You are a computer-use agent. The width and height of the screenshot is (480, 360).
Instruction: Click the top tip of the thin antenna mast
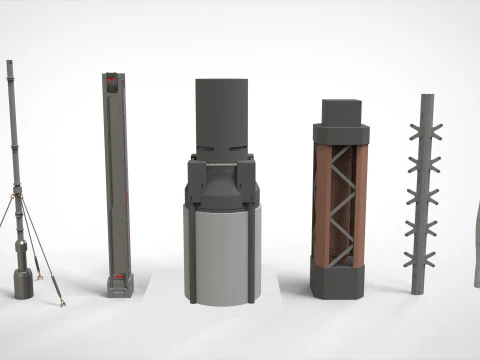(10, 63)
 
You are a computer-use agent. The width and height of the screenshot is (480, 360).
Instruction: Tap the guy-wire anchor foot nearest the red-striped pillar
(61, 300)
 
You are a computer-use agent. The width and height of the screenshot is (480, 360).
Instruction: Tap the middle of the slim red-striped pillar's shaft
(117, 180)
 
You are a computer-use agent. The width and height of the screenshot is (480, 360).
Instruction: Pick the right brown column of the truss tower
(360, 205)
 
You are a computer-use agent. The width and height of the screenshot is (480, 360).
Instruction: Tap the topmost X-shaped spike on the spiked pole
(427, 131)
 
